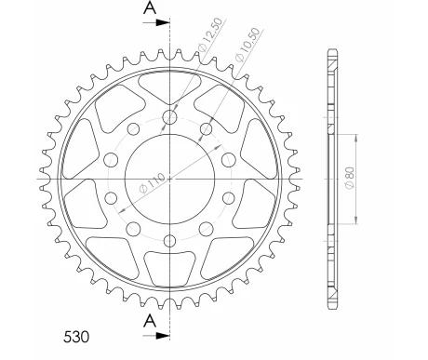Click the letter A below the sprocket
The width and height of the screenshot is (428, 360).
150,321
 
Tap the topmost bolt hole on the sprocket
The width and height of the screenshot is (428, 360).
169,116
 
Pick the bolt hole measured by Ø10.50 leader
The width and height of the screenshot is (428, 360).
206,126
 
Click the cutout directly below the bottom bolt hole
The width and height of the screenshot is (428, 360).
169,271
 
